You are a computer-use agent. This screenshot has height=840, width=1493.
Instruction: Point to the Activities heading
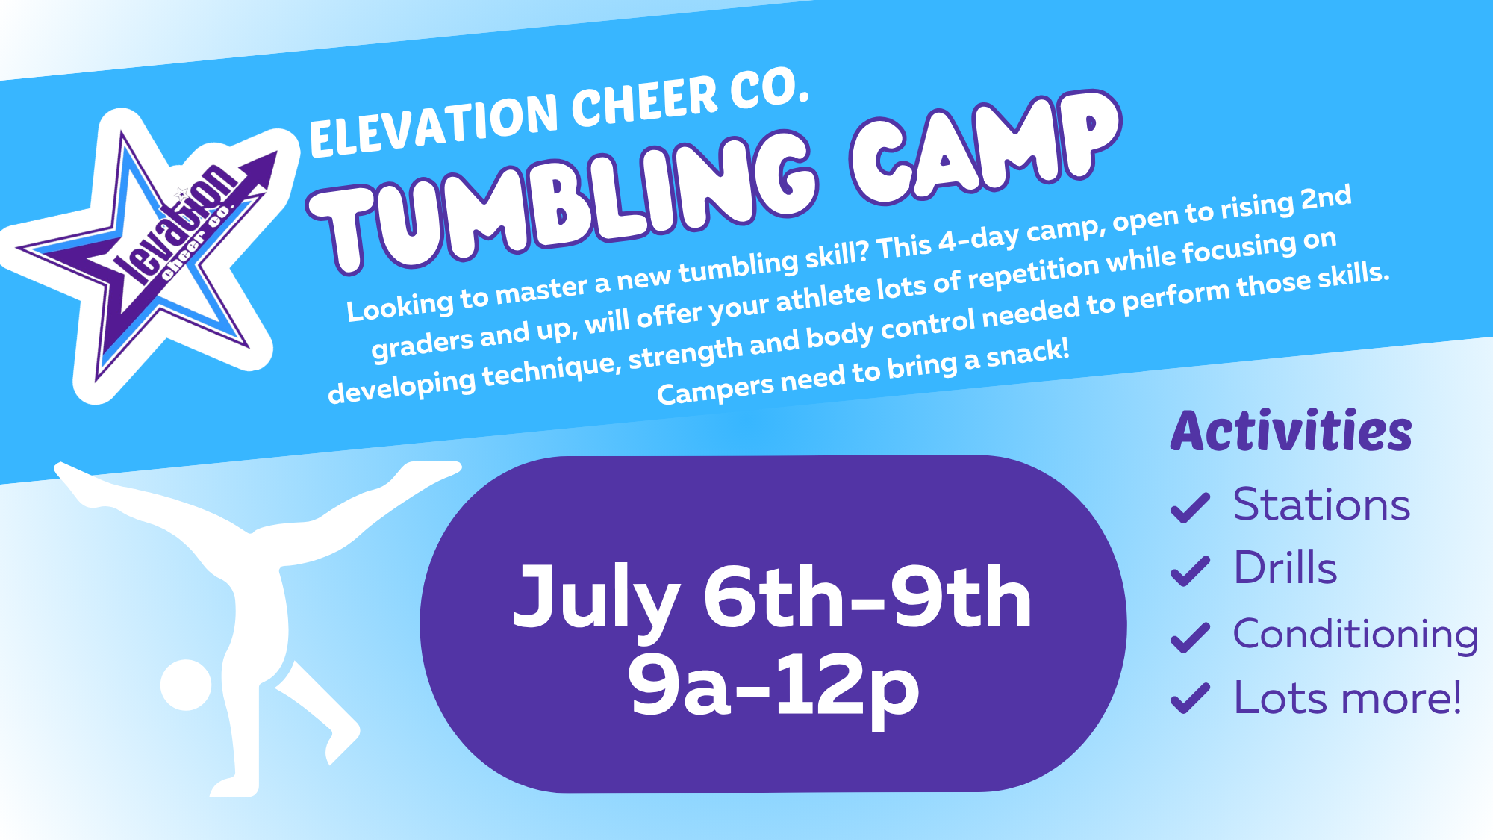click(1291, 431)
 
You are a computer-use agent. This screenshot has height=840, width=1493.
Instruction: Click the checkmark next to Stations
click(1190, 508)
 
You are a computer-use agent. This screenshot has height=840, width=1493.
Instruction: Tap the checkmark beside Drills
click(1190, 571)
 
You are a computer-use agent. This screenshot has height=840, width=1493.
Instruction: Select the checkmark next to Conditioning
click(1190, 637)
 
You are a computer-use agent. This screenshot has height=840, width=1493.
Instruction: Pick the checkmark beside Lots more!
click(1190, 699)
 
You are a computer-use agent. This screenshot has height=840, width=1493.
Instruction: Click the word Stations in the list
click(1321, 505)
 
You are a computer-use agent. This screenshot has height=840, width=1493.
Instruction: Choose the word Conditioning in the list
click(1356, 635)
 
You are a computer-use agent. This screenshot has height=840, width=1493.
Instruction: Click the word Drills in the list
click(1285, 567)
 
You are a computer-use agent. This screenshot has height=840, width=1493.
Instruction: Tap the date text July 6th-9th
click(773, 597)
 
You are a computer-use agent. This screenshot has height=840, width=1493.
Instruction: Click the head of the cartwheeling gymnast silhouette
click(186, 685)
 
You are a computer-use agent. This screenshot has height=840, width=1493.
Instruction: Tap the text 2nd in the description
click(1326, 197)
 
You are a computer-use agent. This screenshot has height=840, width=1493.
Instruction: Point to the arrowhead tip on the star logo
click(277, 152)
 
